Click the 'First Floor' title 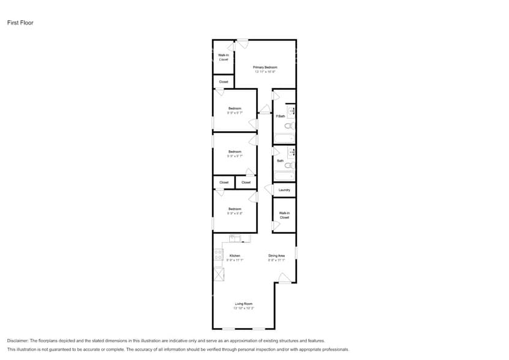coord(20,23)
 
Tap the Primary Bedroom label coord(265,67)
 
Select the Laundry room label coord(284,190)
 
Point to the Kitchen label coord(235,255)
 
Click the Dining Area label coord(276,255)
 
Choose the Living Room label coord(243,304)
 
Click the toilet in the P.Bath coord(290,126)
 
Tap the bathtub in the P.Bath coord(284,138)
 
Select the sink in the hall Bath coord(292,151)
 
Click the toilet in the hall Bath coord(290,165)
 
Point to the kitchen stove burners coord(218,254)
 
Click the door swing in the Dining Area coord(284,278)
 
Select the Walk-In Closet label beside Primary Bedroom coord(224,57)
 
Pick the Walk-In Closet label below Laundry coord(284,215)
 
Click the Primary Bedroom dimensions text coord(265,72)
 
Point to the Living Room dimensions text coord(243,309)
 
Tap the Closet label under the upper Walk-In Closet coord(224,81)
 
